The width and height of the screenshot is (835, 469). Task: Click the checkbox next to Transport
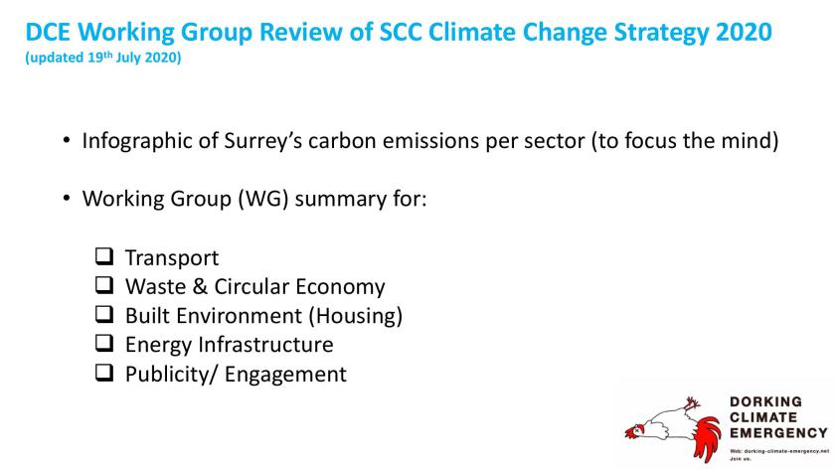(104, 256)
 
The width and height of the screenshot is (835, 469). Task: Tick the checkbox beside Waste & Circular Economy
(104, 285)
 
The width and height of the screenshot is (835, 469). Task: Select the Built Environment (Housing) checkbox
(104, 314)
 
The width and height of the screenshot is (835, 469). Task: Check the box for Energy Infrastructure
(104, 344)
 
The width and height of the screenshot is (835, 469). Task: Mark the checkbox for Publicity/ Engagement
(104, 373)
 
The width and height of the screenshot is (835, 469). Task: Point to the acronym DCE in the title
(48, 32)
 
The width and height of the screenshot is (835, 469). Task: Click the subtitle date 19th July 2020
(133, 57)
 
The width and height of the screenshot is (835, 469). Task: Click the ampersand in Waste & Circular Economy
(200, 286)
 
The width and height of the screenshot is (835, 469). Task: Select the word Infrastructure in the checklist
(265, 345)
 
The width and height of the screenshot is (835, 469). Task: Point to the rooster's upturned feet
(692, 403)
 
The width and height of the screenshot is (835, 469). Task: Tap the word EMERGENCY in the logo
(778, 433)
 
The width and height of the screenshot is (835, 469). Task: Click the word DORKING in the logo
(765, 401)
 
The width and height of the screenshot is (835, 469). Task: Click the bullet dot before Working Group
(66, 199)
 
